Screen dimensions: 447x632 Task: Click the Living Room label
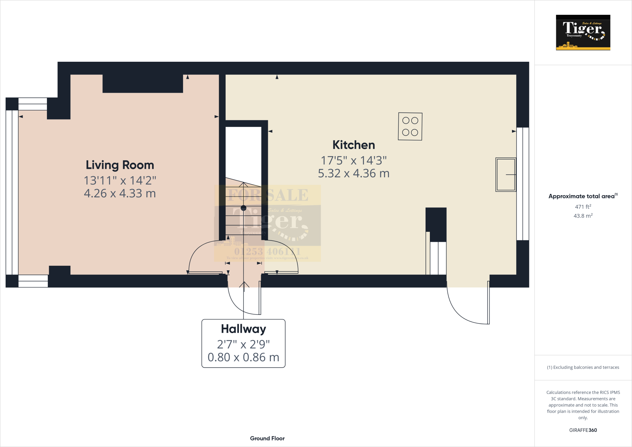pos(120,165)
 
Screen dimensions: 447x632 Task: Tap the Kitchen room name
pos(354,145)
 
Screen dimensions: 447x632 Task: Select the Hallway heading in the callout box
pos(243,329)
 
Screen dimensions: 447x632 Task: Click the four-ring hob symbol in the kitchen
pos(410,127)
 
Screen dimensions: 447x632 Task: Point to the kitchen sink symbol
pos(506,175)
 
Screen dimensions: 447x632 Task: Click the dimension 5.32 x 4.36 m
pos(354,173)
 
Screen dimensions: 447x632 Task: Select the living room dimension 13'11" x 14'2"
pos(120,181)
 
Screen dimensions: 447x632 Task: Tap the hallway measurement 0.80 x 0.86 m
pos(243,357)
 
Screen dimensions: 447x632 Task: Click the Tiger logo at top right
pos(583,32)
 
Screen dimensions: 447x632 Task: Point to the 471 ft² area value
pos(583,207)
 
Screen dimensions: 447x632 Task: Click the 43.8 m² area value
pos(583,216)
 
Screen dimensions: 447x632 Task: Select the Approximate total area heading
pos(583,196)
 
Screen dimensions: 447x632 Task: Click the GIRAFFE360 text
pos(583,430)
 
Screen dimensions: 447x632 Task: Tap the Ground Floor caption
pos(267,438)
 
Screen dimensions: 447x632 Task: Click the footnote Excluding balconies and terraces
pos(583,367)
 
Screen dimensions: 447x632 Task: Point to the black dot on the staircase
pos(243,208)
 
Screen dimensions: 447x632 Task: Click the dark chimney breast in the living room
pos(143,83)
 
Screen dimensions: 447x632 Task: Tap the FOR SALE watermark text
pos(268,195)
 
